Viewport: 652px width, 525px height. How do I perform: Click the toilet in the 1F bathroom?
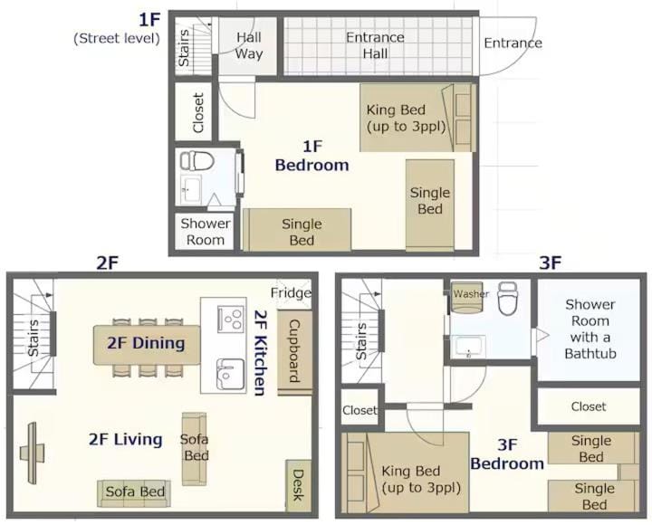pos(197,160)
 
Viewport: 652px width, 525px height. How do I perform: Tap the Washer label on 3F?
pos(471,294)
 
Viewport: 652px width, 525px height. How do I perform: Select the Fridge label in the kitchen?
pos(291,292)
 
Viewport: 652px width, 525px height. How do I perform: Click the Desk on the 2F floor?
pos(299,485)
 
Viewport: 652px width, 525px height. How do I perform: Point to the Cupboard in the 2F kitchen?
pos(294,352)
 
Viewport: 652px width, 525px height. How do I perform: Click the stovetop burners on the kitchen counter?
pos(230,319)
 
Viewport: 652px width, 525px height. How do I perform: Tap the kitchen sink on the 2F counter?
pos(229,374)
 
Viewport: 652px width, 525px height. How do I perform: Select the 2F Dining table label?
pos(146,343)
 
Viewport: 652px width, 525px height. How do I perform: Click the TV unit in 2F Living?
pos(32,453)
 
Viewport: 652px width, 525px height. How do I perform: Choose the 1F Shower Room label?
pos(205,232)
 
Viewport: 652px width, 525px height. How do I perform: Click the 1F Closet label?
pos(198,112)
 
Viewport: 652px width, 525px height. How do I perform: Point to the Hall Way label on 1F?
pos(249,45)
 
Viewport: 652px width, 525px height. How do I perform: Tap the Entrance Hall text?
pos(375,45)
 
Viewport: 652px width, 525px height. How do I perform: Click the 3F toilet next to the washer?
pos(507,298)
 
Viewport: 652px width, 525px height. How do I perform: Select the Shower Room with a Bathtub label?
pos(590,329)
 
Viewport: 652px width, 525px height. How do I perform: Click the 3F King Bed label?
pos(421,479)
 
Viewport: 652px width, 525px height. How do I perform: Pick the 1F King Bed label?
pos(406,118)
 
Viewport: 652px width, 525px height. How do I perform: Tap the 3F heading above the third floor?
pos(551,262)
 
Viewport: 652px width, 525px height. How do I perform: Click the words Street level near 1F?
pos(117,38)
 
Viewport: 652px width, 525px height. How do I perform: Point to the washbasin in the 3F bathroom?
pos(469,347)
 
